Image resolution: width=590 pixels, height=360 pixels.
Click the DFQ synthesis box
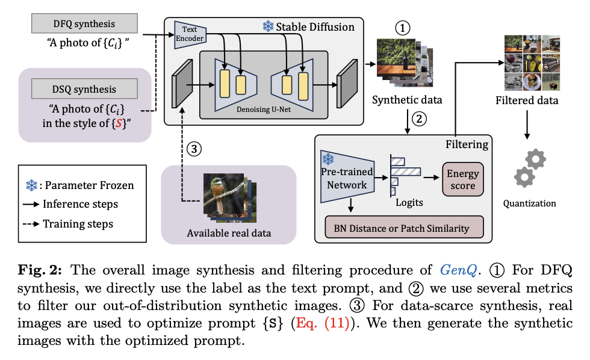point(84,23)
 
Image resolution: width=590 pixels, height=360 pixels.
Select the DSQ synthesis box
point(84,88)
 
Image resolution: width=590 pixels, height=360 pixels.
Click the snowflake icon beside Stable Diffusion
point(268,26)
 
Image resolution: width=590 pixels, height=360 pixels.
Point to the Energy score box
point(462,179)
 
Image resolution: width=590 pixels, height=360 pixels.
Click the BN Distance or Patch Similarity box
point(404,227)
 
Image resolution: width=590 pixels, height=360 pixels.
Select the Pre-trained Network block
point(347,177)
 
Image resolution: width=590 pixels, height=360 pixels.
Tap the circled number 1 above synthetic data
point(402,28)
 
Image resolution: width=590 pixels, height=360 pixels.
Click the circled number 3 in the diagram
point(194,149)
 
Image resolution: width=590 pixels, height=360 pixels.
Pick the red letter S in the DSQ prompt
point(119,123)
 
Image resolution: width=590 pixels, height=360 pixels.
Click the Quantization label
point(529,203)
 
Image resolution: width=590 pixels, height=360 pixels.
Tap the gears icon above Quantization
point(530,168)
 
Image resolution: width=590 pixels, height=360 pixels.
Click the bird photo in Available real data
point(224,193)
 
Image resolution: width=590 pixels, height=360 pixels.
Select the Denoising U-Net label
point(264,110)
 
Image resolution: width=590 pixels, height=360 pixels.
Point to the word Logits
point(409,203)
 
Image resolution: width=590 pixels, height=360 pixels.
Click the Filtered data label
point(527,101)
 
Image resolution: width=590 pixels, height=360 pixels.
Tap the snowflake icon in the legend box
point(31,185)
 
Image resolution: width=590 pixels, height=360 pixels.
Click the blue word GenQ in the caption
point(458,270)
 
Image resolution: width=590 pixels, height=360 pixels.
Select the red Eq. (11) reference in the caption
point(323,323)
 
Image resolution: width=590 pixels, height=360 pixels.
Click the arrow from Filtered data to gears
point(527,125)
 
